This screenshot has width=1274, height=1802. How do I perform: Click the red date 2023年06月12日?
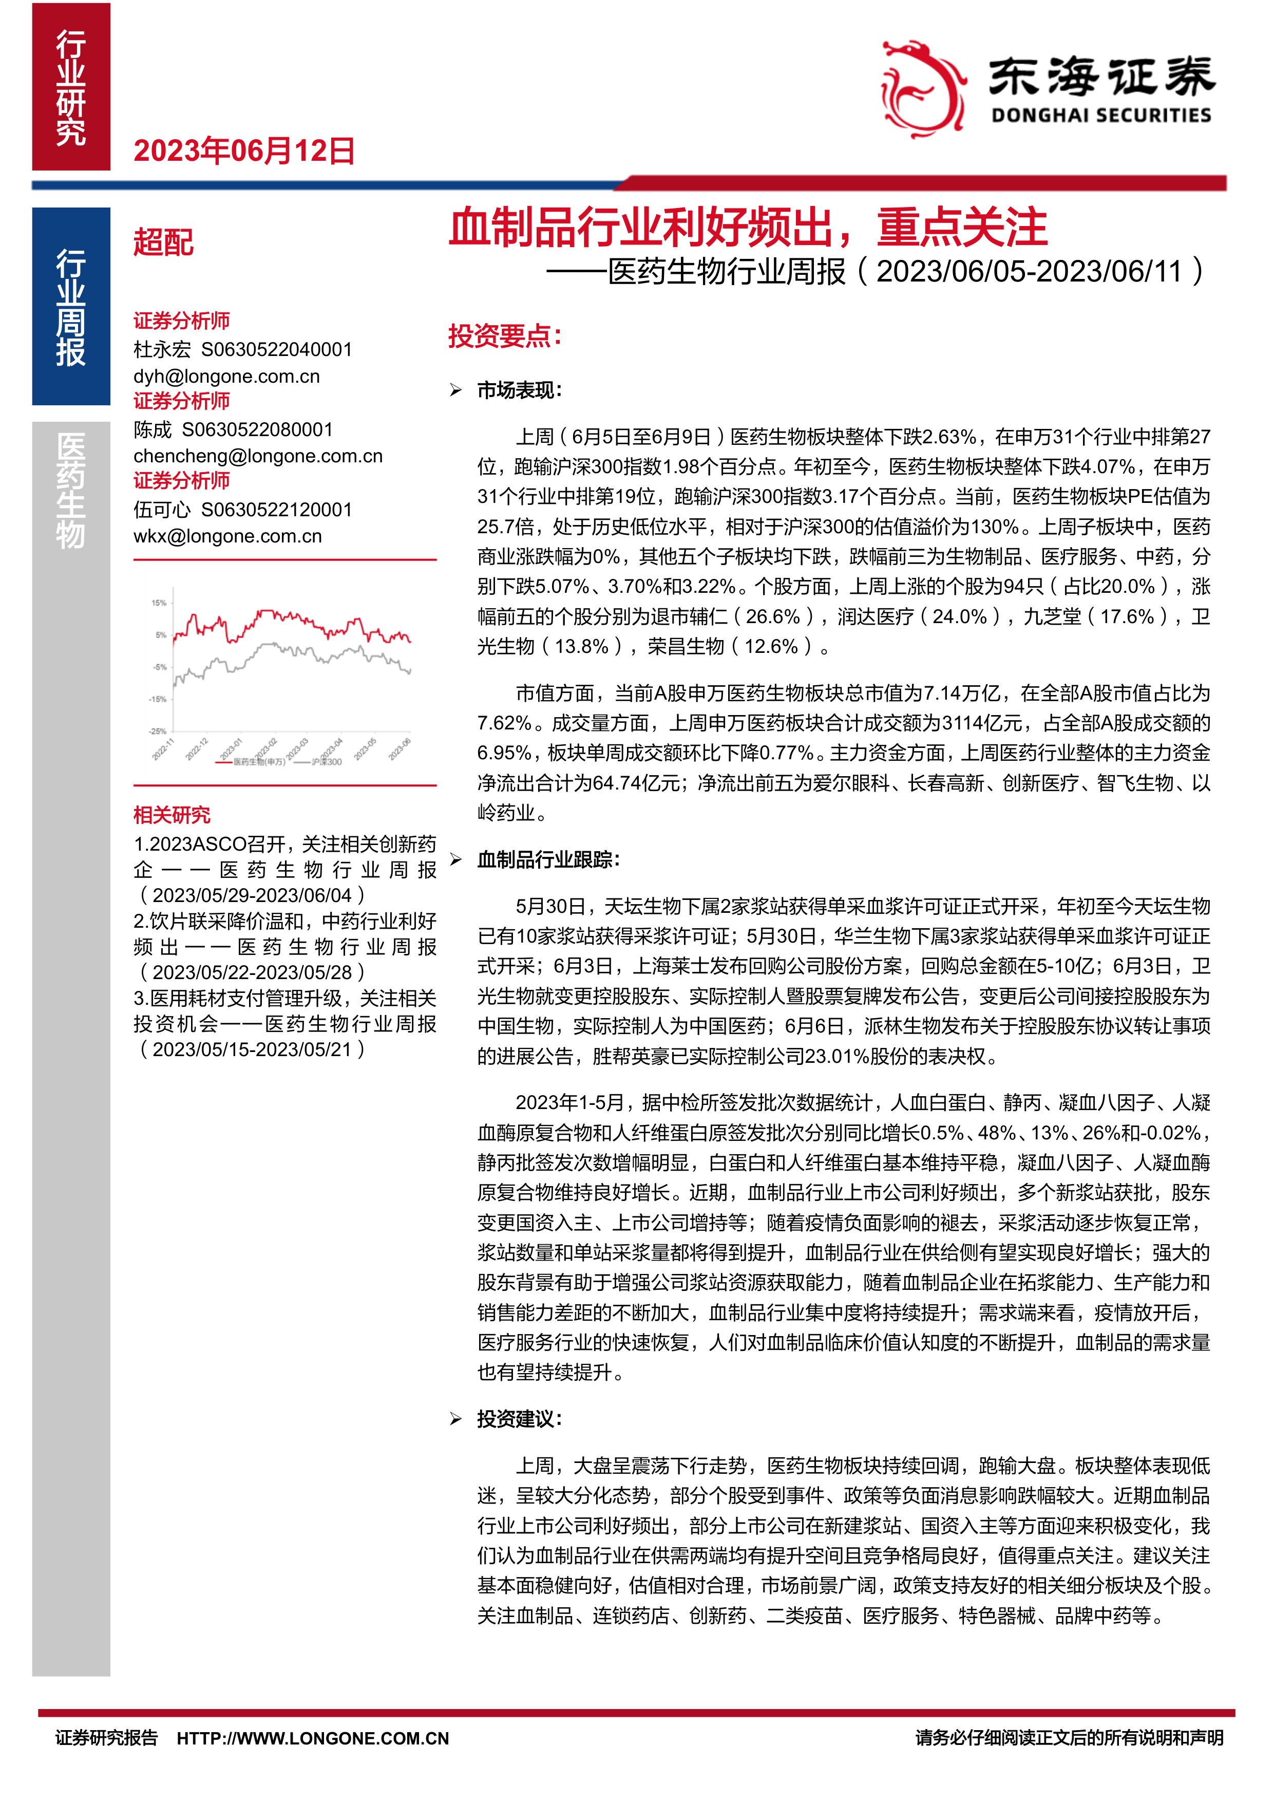coord(244,151)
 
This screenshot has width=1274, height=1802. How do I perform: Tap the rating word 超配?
coord(163,242)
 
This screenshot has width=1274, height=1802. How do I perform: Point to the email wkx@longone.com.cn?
coord(227,536)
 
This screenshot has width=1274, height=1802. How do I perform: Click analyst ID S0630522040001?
coord(277,349)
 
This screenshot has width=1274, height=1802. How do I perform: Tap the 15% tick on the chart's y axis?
coord(159,603)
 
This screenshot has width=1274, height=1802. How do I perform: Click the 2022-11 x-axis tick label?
coord(163,749)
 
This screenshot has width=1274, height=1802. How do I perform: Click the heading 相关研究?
coord(172,815)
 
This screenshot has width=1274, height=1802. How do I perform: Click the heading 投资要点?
coord(504,336)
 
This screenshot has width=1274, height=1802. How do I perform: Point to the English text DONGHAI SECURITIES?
coord(1100,116)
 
